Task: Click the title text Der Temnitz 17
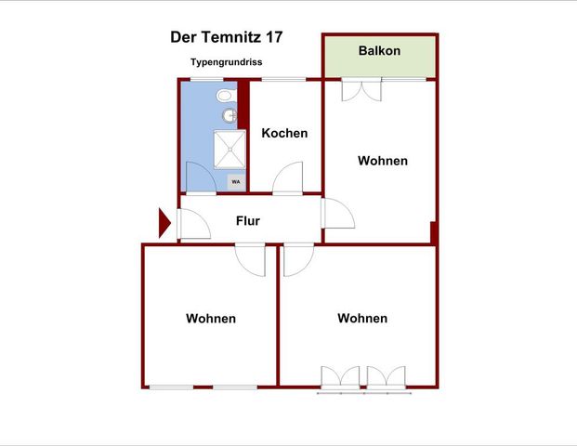(227, 37)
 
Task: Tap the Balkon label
(379, 50)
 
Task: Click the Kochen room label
(284, 133)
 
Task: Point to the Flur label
(247, 221)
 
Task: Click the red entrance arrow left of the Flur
(164, 223)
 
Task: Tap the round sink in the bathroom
(229, 116)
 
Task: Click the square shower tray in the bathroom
(230, 148)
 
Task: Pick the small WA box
(236, 182)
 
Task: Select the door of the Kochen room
(288, 178)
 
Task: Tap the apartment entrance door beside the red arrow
(192, 225)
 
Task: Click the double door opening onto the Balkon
(361, 90)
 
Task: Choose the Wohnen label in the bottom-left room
(211, 318)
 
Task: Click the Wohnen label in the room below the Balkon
(383, 160)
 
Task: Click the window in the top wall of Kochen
(285, 80)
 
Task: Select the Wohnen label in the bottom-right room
(362, 318)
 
